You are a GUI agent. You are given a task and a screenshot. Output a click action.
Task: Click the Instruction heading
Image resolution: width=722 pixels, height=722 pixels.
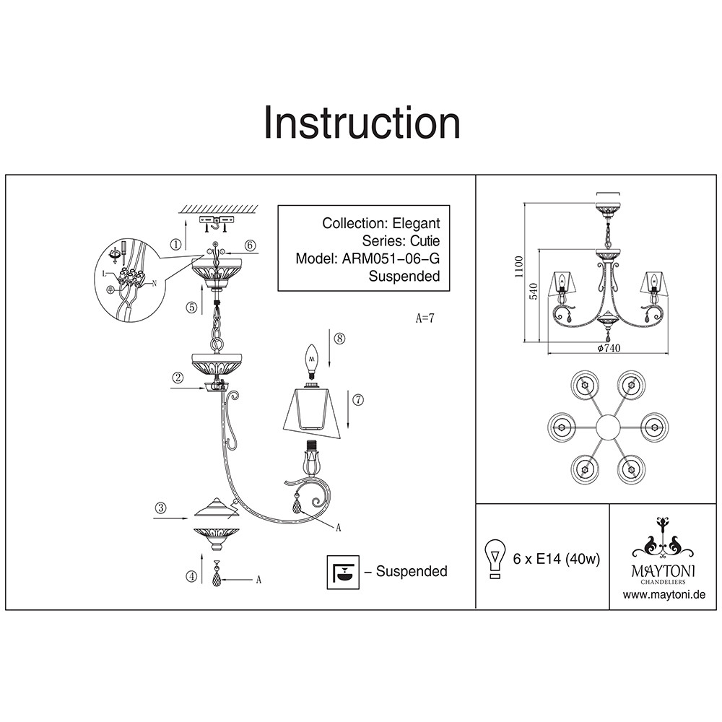coord(361,123)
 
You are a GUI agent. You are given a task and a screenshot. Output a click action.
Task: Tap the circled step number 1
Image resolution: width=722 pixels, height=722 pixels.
coord(176,244)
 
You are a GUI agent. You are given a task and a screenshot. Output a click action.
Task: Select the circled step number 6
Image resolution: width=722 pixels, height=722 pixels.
coord(250,245)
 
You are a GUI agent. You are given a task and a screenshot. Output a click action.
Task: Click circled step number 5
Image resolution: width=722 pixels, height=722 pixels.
coord(191,307)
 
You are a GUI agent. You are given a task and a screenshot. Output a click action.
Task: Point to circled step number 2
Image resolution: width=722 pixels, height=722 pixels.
coord(176,377)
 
